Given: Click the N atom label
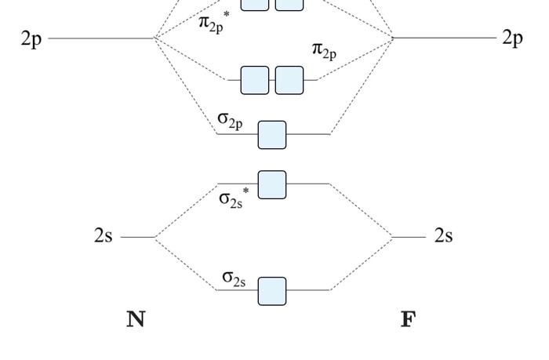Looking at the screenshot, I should pos(136,319).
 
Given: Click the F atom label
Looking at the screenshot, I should pos(408,319).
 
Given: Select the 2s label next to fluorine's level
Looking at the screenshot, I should pos(443,236).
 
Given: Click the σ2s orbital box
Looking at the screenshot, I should pos(272,291).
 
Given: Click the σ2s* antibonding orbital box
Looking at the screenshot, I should pos(272,184).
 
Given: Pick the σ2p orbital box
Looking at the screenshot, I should pos(272,135).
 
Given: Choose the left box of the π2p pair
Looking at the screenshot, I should pos(254,80).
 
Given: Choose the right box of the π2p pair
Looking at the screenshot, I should pos(289,80).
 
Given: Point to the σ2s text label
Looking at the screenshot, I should pos(235,278).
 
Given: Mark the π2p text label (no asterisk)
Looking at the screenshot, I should pos(325,51).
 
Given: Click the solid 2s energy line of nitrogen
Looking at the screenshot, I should pos(138,237).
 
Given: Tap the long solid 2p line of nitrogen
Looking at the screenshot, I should pos(102,37).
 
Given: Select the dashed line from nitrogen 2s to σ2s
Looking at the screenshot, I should pos(186,264).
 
